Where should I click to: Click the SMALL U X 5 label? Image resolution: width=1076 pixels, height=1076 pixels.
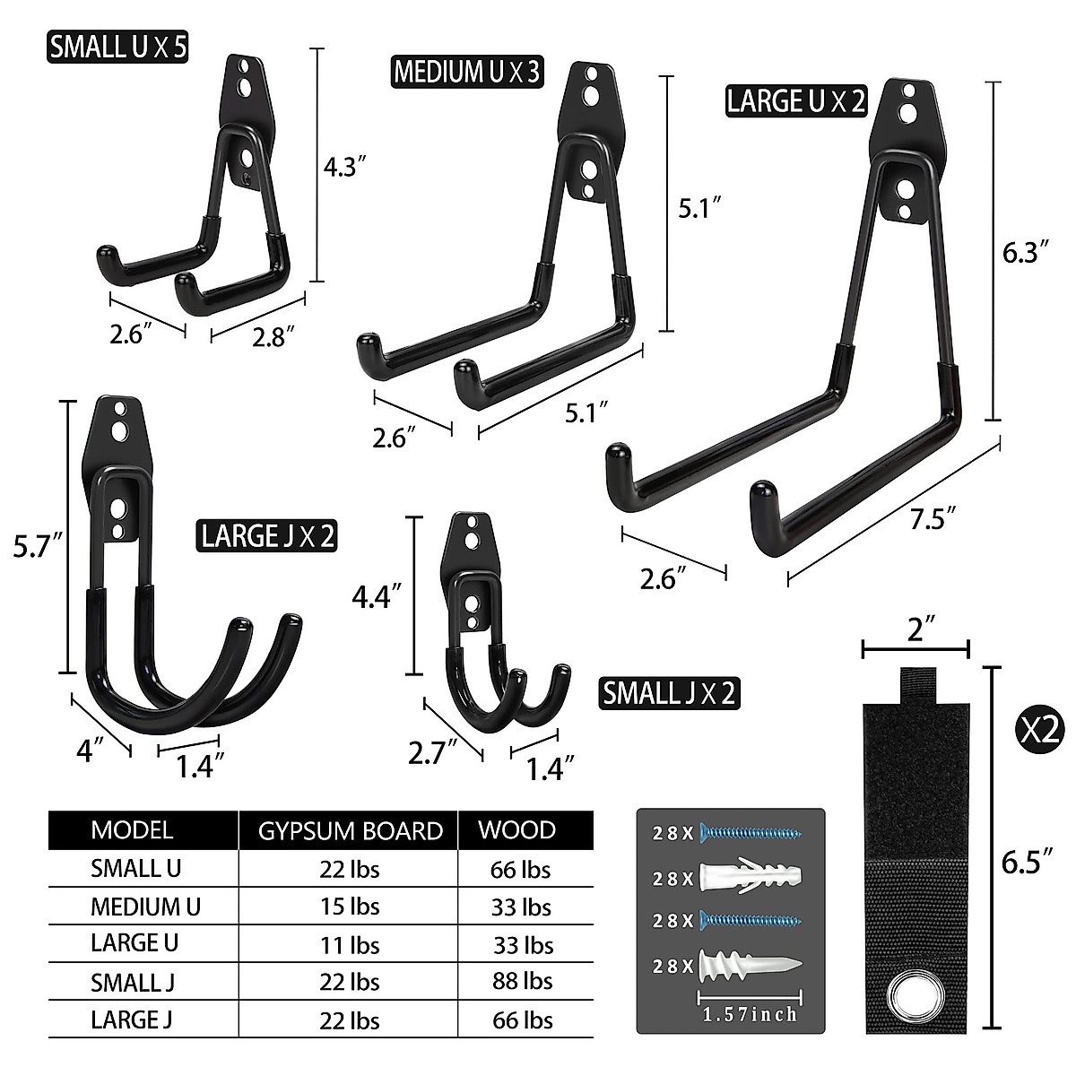(118, 47)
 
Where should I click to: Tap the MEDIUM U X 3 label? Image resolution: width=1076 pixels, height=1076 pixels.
(467, 72)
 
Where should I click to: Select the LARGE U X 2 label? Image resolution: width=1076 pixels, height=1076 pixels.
(795, 100)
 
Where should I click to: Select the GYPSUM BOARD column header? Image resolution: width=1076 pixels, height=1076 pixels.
(351, 830)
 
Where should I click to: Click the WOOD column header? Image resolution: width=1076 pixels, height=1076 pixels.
(516, 829)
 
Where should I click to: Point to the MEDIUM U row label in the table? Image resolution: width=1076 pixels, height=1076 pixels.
(145, 907)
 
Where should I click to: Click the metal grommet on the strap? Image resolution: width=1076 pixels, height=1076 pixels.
(915, 997)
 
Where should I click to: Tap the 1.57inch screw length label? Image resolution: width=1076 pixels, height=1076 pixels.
(750, 1014)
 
